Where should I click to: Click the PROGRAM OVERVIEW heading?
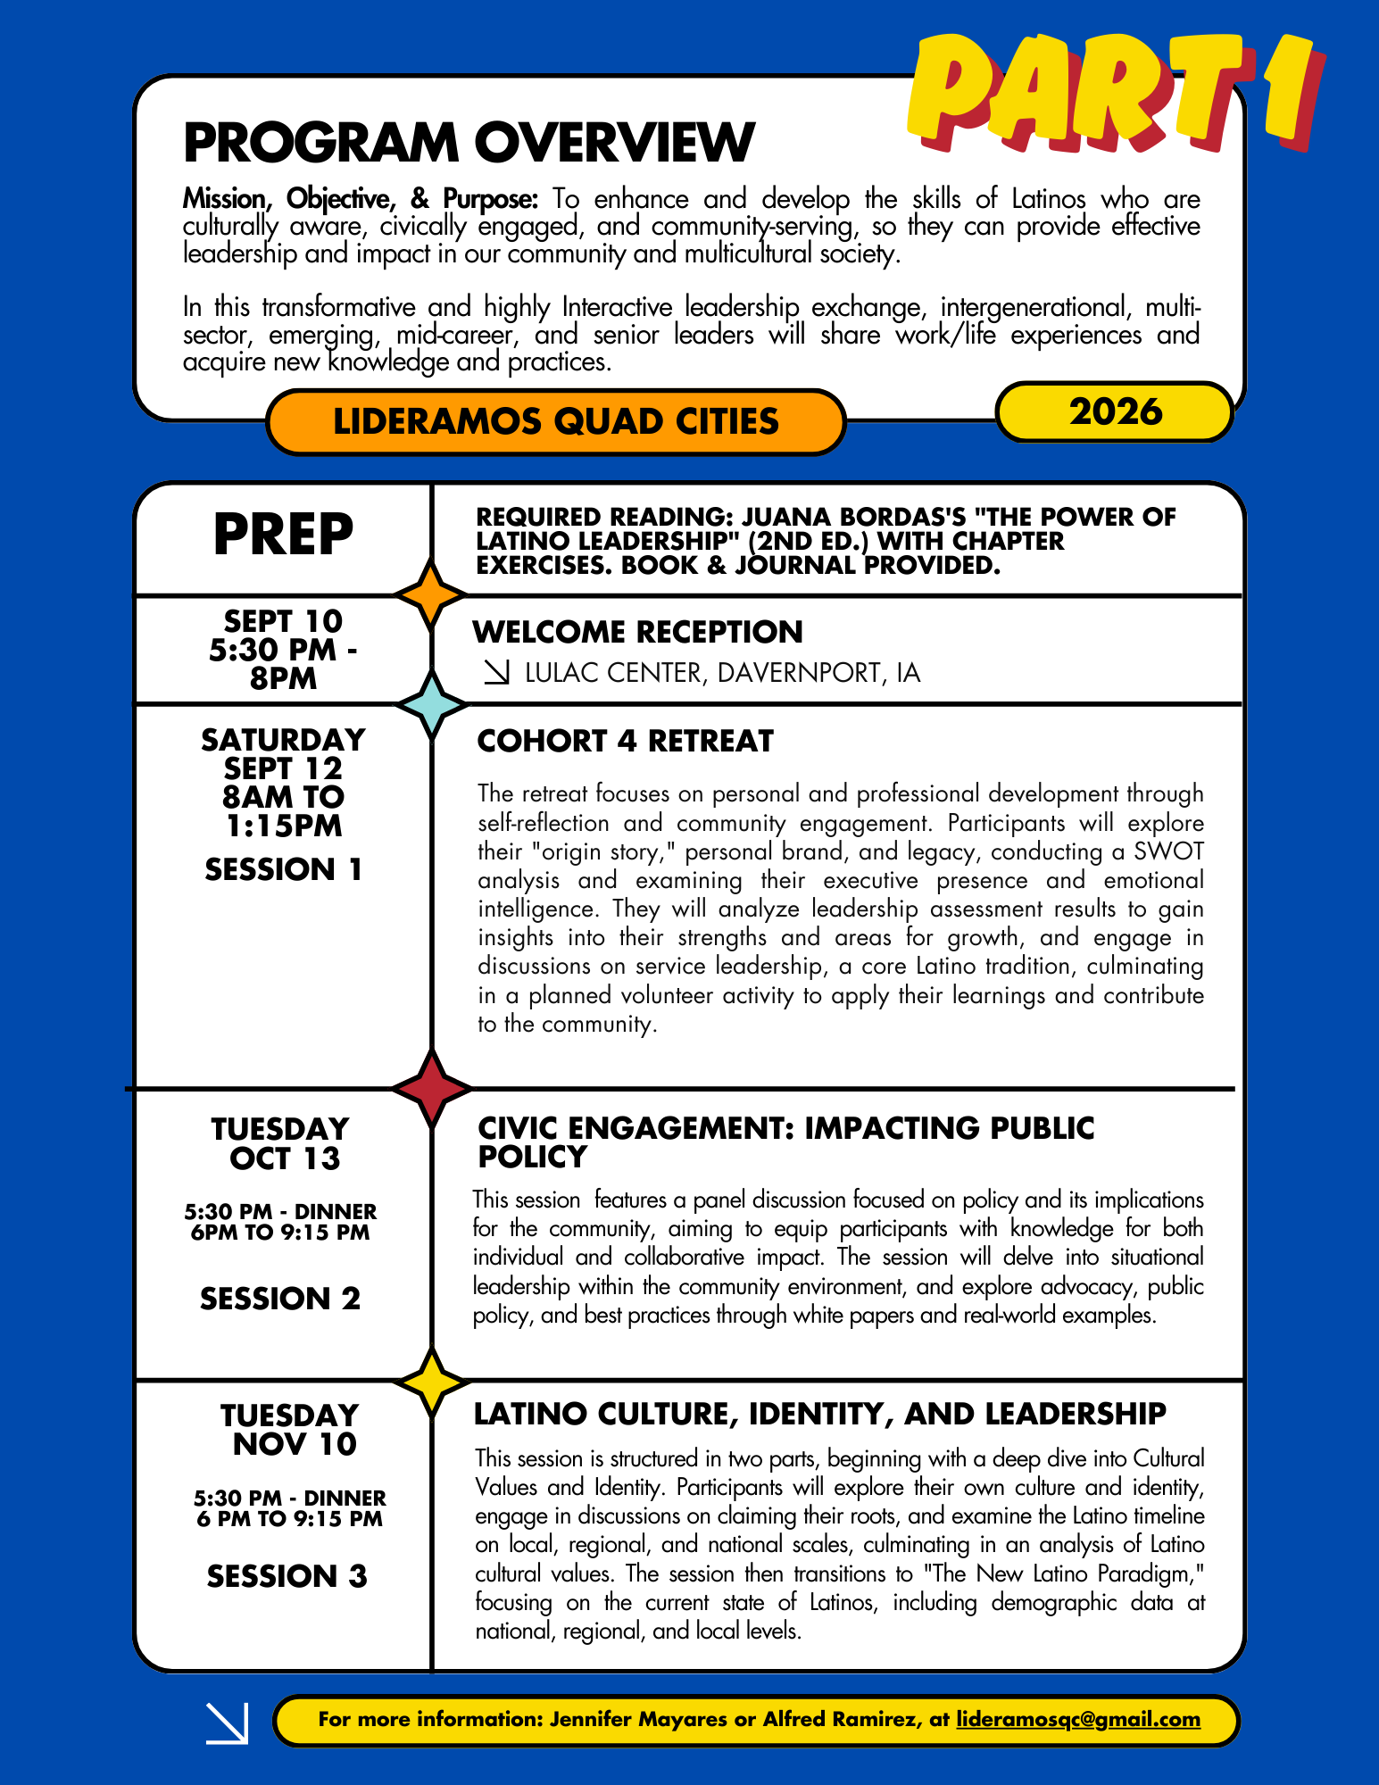(469, 142)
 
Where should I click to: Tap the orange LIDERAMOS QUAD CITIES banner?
(555, 421)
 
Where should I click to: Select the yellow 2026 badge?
(1115, 411)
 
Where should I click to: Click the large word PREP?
(283, 535)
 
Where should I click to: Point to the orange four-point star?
(432, 594)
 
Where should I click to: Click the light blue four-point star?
(432, 705)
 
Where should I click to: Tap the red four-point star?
(432, 1088)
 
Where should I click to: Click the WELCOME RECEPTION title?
(637, 632)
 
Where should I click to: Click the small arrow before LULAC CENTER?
(496, 673)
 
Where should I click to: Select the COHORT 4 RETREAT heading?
(625, 742)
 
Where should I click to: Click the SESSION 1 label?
(283, 869)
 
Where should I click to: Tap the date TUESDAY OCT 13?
(281, 1143)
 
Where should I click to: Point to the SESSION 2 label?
(280, 1299)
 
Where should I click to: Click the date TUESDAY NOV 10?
(291, 1430)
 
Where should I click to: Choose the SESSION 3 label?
(287, 1576)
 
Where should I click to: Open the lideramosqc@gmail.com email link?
(1078, 1719)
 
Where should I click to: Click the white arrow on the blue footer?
(227, 1723)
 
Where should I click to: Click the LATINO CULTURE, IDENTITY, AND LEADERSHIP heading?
(819, 1415)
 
